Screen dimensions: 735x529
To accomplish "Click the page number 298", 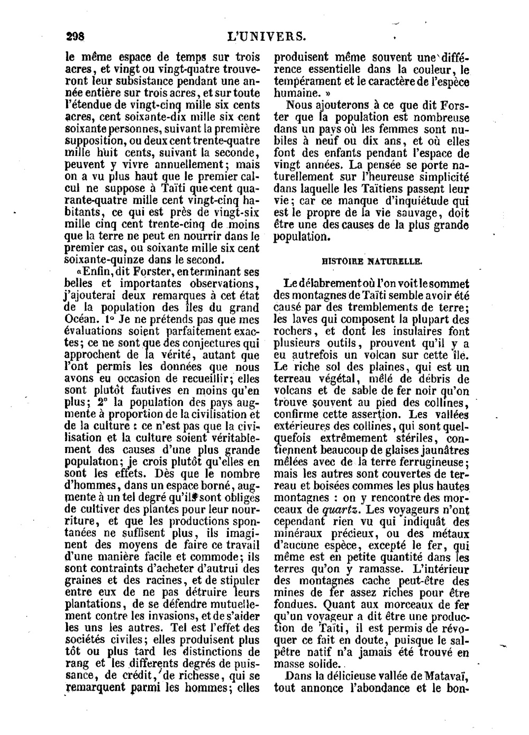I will click(75, 36).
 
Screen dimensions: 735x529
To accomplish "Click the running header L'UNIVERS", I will click(266, 36).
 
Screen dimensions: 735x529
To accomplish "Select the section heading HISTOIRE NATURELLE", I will click(372, 261).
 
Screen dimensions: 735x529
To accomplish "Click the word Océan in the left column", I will click(81, 319).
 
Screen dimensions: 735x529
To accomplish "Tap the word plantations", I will click(95, 604).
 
